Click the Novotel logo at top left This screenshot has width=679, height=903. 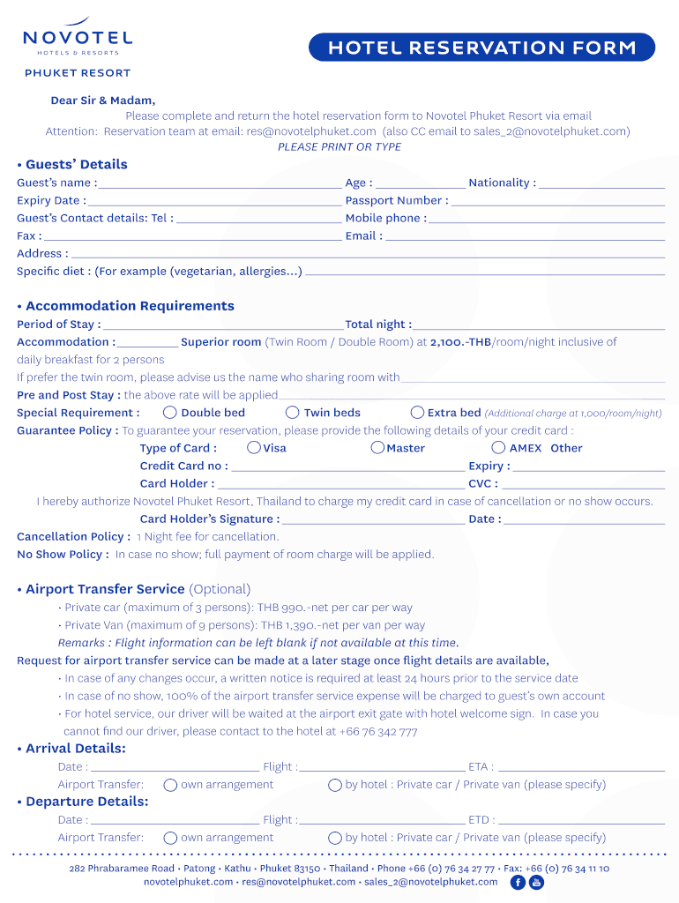(x=78, y=40)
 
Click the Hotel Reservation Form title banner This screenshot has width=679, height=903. (x=481, y=48)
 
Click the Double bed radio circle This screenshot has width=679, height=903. (x=170, y=413)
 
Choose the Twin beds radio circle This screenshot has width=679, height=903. (x=293, y=413)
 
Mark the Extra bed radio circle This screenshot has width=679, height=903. (x=417, y=413)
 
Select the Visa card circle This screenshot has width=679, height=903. (x=254, y=448)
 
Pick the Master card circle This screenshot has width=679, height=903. (x=377, y=448)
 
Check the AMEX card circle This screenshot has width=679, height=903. (x=498, y=448)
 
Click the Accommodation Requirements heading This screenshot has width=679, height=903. (x=130, y=306)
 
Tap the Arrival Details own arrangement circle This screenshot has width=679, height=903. (x=170, y=785)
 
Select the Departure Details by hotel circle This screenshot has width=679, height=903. (x=335, y=838)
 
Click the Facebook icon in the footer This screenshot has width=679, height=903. (x=518, y=882)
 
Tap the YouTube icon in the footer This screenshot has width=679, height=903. (x=536, y=882)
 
